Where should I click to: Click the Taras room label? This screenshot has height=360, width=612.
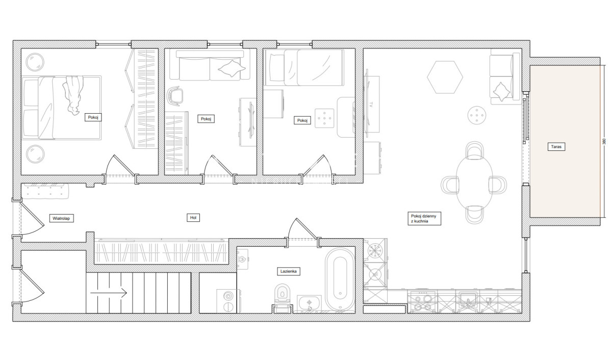coord(556,147)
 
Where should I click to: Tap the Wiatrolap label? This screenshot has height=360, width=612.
coord(61,218)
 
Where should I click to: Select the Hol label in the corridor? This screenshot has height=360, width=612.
coord(193,218)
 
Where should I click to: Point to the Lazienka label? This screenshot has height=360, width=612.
coord(289,271)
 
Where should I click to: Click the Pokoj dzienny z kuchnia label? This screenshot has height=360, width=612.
coord(424,218)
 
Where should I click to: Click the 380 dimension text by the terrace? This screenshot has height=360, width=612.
coord(604,141)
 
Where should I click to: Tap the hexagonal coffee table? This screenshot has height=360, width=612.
coord(445,77)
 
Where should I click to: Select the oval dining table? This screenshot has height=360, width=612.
coord(474,183)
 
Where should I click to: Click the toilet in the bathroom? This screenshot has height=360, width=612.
coord(282,297)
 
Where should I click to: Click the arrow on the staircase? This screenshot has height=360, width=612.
coord(109,293)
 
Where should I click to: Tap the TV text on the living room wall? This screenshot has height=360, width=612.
coord(371,104)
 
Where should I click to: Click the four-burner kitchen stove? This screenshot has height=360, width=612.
coord(422,301)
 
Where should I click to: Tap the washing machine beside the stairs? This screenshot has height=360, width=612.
coord(228,301)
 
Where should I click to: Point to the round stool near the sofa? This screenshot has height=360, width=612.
coord(477,115)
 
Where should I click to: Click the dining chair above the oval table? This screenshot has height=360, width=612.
coord(475,150)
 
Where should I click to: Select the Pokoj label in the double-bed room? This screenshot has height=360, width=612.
coord(93,117)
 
